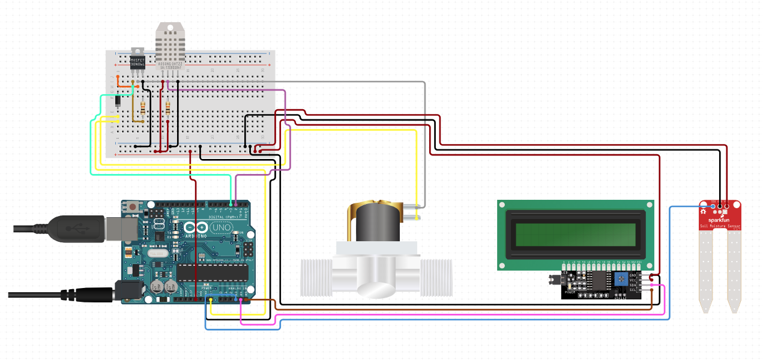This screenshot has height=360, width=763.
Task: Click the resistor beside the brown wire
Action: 142,109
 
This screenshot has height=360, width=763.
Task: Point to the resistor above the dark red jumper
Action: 167,109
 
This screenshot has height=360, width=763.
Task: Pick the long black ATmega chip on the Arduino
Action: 213,272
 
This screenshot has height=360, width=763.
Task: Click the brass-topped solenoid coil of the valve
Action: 376,222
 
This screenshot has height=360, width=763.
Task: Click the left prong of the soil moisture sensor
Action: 705,270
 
